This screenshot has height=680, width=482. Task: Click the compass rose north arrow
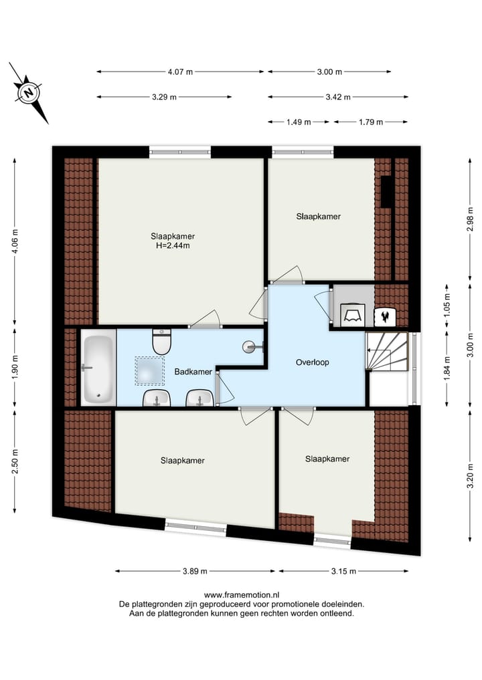pos(28,93)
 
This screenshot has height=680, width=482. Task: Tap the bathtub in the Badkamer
pos(98,368)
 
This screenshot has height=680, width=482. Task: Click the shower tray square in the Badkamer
pos(150,370)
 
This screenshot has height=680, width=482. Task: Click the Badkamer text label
pos(193,372)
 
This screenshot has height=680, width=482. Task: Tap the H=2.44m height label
pos(173,245)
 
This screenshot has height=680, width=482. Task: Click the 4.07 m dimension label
pos(181,72)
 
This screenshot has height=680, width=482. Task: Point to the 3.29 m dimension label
pos(164,97)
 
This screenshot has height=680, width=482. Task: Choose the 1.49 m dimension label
pos(298,122)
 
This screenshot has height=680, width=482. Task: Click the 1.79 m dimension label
pos(370,122)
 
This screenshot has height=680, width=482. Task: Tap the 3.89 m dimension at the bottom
pos(194,571)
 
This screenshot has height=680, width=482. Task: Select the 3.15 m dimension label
pos(343,571)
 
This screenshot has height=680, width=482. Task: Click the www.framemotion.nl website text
pos(241,594)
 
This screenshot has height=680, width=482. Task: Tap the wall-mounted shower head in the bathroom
pos(253,346)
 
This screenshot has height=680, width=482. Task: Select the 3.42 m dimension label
pos(337,97)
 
